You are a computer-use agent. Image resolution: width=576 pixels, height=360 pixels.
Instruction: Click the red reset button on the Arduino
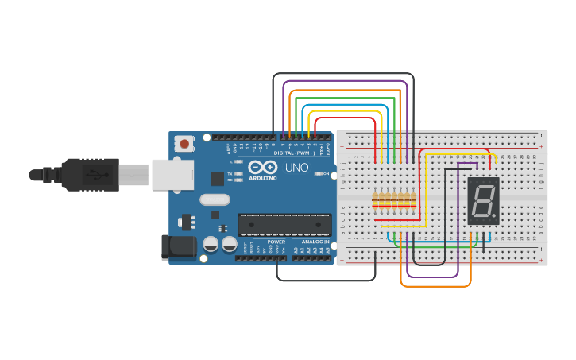pos(185,144)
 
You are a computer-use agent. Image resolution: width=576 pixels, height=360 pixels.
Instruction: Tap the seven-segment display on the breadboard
pos(483,200)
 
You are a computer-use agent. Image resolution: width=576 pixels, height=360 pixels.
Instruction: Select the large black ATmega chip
pos(284,225)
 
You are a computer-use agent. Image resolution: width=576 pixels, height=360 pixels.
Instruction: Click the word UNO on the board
pos(296,168)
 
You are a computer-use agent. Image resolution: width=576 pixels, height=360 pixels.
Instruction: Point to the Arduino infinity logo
pos(262,168)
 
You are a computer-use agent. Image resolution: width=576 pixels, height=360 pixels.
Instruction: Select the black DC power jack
pos(178,247)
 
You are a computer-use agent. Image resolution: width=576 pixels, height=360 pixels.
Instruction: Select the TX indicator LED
pos(238,173)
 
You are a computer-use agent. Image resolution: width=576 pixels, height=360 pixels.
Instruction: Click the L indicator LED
pos(238,161)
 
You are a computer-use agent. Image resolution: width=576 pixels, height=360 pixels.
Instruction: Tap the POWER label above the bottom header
pos(276,242)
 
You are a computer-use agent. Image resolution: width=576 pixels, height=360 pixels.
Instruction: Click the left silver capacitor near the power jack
pos(211,244)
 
